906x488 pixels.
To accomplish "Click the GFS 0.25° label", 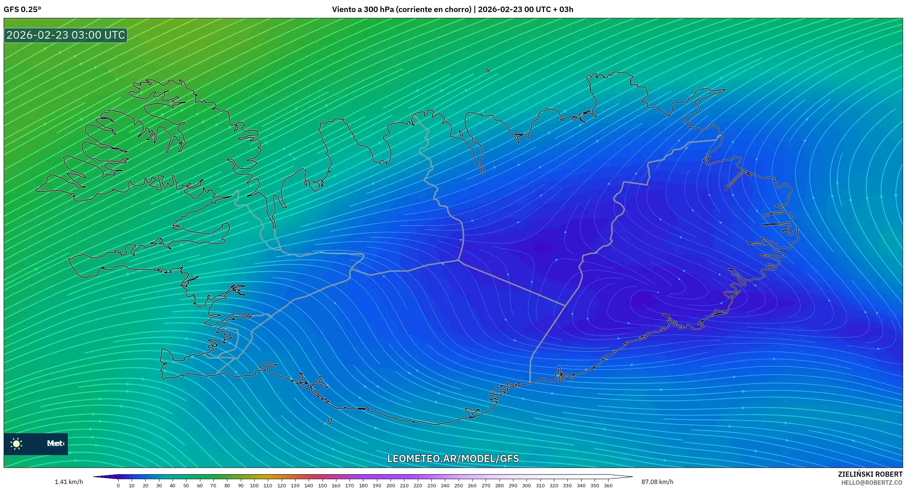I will (x=22, y=9).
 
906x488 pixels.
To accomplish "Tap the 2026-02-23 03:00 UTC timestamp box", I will (x=66, y=35).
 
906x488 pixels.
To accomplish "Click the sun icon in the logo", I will (x=16, y=443).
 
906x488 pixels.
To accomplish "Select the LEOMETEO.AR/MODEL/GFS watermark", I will (x=453, y=458).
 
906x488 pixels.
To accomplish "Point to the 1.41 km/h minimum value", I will (x=69, y=482).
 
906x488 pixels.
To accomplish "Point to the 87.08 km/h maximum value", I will (x=657, y=482).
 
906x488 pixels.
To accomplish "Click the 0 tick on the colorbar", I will (x=118, y=485).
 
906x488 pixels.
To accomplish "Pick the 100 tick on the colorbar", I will (x=254, y=485).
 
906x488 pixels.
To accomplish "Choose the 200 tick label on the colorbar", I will (x=390, y=485).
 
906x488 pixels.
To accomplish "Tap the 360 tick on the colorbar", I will (x=608, y=485).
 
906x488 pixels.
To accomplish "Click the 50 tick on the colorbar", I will (x=186, y=485).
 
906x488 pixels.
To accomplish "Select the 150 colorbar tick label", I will (x=322, y=485).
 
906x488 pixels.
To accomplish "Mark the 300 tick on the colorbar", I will (x=526, y=485).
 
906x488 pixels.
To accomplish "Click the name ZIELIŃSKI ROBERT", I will (x=870, y=474).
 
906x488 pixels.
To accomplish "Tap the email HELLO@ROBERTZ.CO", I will (x=872, y=483).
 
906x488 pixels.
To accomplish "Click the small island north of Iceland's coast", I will (x=488, y=70).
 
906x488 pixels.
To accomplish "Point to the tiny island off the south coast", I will (x=330, y=421).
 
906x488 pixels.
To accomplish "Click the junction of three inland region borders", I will (x=458, y=260).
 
